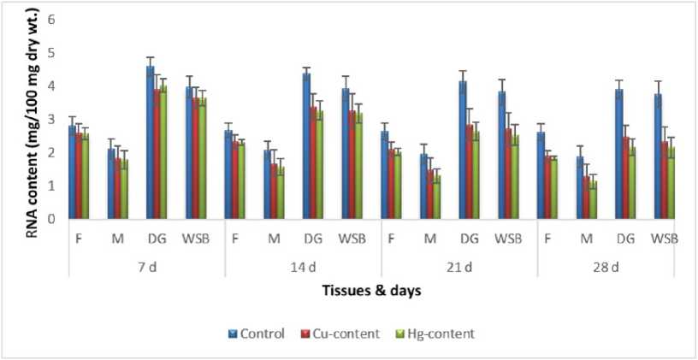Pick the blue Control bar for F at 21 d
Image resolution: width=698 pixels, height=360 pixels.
(x=384, y=175)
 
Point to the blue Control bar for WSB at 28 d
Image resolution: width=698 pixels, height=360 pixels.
(x=658, y=156)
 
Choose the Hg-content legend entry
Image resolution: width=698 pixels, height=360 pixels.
(x=435, y=333)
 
